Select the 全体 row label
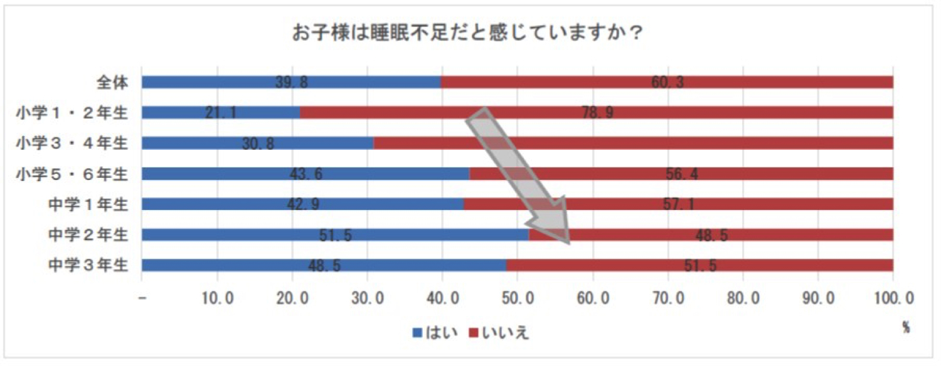pyautogui.click(x=112, y=82)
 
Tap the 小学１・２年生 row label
pyautogui.click(x=72, y=113)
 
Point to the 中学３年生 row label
pyautogui.click(x=88, y=265)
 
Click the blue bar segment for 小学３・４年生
pyautogui.click(x=257, y=143)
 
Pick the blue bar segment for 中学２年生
pyautogui.click(x=335, y=234)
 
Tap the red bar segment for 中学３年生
pyautogui.click(x=699, y=265)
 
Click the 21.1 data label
pyautogui.click(x=221, y=113)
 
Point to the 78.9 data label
pyautogui.click(x=597, y=113)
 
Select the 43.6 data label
pyautogui.click(x=306, y=174)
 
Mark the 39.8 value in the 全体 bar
pyautogui.click(x=291, y=82)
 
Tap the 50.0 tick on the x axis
pyautogui.click(x=518, y=296)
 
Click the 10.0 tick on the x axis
pyautogui.click(x=217, y=296)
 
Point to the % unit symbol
pyautogui.click(x=906, y=327)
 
